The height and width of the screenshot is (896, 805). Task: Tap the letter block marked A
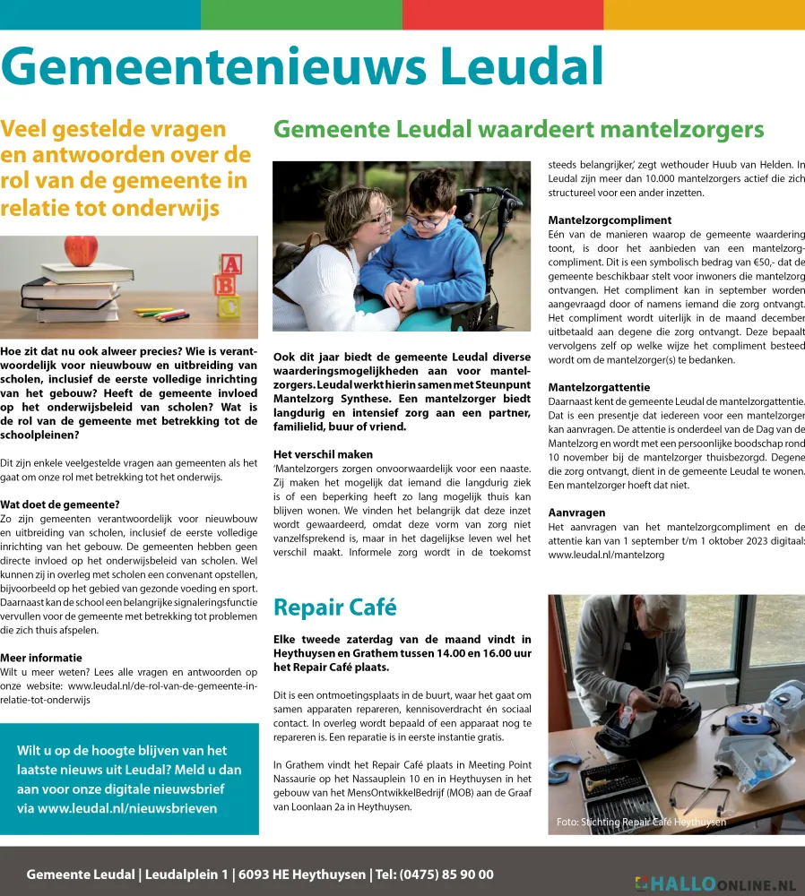pos(230,265)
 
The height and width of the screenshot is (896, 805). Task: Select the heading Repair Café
pos(334,607)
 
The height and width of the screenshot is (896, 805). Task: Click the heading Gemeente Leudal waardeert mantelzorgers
pos(518,129)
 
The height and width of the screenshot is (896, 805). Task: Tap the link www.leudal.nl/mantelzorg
pos(606,556)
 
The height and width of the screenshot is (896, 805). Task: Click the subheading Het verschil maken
pos(323,453)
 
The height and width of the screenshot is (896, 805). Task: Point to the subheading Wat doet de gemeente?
pos(60,504)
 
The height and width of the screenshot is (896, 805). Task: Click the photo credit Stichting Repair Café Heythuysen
pos(641,822)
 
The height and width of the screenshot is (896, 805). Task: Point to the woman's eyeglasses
pos(380,216)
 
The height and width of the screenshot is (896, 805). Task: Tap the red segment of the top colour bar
pos(502,14)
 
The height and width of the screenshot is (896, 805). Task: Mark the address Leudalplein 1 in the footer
pos(186,874)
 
